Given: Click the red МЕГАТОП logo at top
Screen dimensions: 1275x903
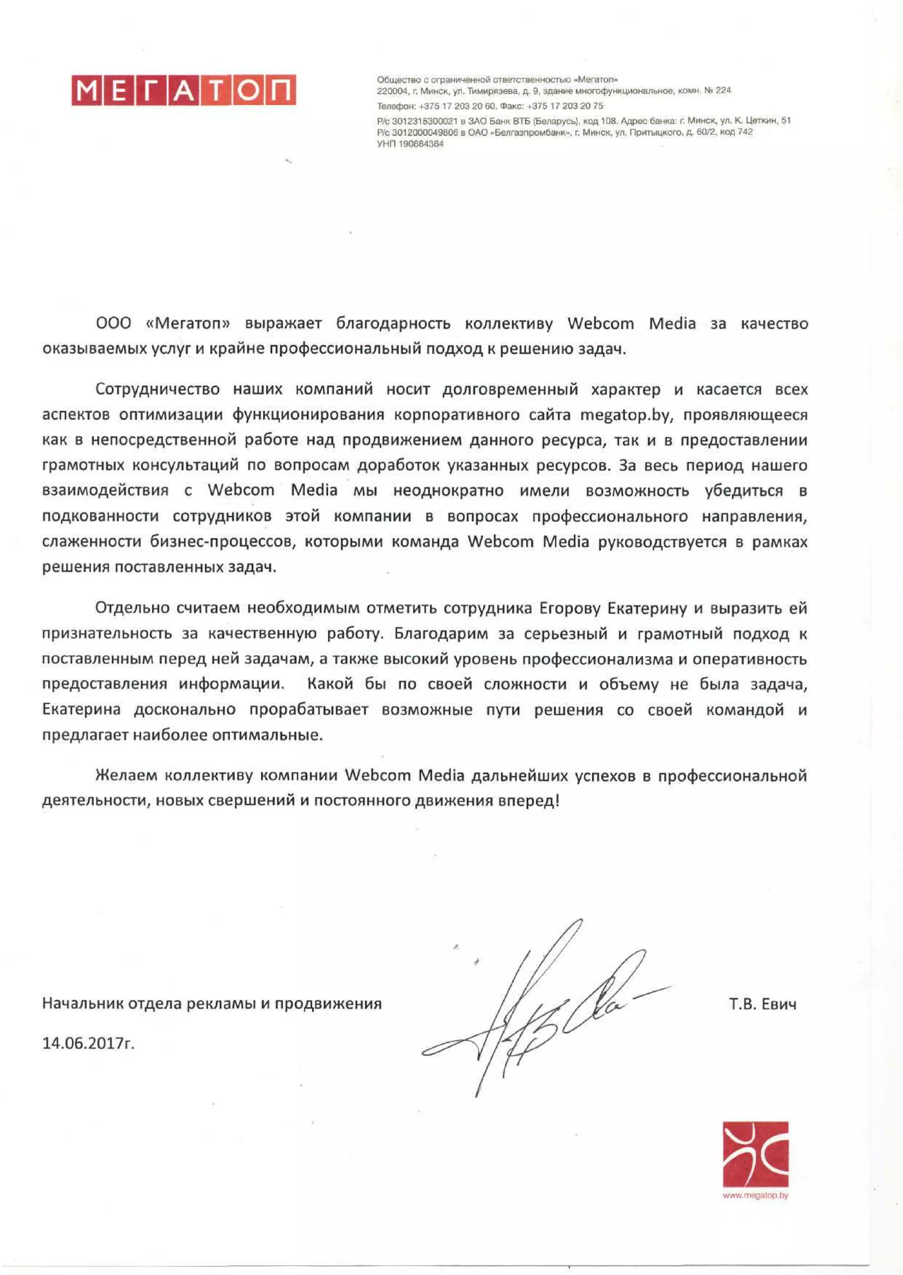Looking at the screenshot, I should [x=183, y=90].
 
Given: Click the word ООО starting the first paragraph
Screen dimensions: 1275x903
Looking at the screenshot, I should [x=114, y=323].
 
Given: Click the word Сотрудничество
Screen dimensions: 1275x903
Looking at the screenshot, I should [x=157, y=389].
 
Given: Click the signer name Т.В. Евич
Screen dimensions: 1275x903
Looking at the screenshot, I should [x=762, y=1004].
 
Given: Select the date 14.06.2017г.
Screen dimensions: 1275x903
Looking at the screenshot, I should [x=89, y=1043].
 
